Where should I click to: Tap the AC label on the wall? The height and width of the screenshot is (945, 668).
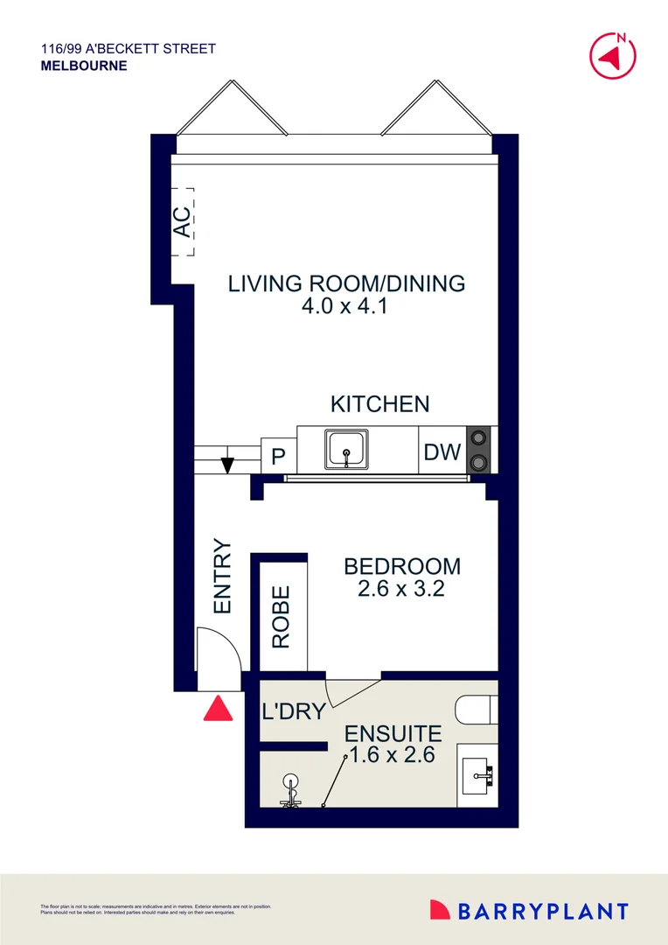coord(182,221)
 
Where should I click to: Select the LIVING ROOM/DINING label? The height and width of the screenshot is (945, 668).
coord(346,283)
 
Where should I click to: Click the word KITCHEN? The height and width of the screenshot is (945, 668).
coord(379,404)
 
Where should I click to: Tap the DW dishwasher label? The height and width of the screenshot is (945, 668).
coord(442,452)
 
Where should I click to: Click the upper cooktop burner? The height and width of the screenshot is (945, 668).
coord(479,437)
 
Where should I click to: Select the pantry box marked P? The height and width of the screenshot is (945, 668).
coord(279,456)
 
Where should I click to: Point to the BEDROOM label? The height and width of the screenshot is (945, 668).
coord(401,566)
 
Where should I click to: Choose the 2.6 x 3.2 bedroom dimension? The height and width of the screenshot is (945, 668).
coord(401,589)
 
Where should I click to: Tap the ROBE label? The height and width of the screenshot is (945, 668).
coord(281,617)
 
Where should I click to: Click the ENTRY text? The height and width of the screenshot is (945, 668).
coord(222,577)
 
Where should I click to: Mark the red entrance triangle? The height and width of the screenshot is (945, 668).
coord(218,708)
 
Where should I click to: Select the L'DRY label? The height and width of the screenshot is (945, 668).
coord(294,711)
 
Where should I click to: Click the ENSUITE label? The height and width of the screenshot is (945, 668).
coord(393,733)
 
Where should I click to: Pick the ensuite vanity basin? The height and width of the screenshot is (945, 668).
coord(478,773)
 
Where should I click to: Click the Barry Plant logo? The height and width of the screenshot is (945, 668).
coord(528,911)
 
